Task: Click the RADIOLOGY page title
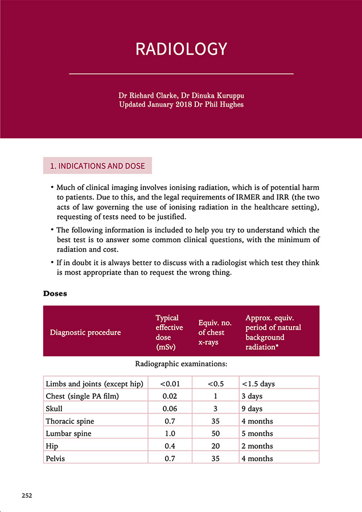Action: click(181, 49)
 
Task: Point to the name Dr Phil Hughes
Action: click(219, 105)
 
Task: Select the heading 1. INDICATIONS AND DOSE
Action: click(98, 166)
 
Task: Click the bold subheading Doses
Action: click(55, 294)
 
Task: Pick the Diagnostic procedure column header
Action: click(85, 332)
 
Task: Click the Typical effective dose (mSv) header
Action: click(169, 332)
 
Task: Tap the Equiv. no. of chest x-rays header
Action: click(211, 332)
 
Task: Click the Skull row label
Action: click(54, 408)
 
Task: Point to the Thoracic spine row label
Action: click(69, 421)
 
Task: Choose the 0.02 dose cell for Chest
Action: click(170, 396)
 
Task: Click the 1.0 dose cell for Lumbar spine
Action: click(170, 433)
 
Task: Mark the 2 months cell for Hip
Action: click(257, 446)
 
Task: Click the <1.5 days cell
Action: click(259, 383)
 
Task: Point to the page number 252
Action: click(27, 496)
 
